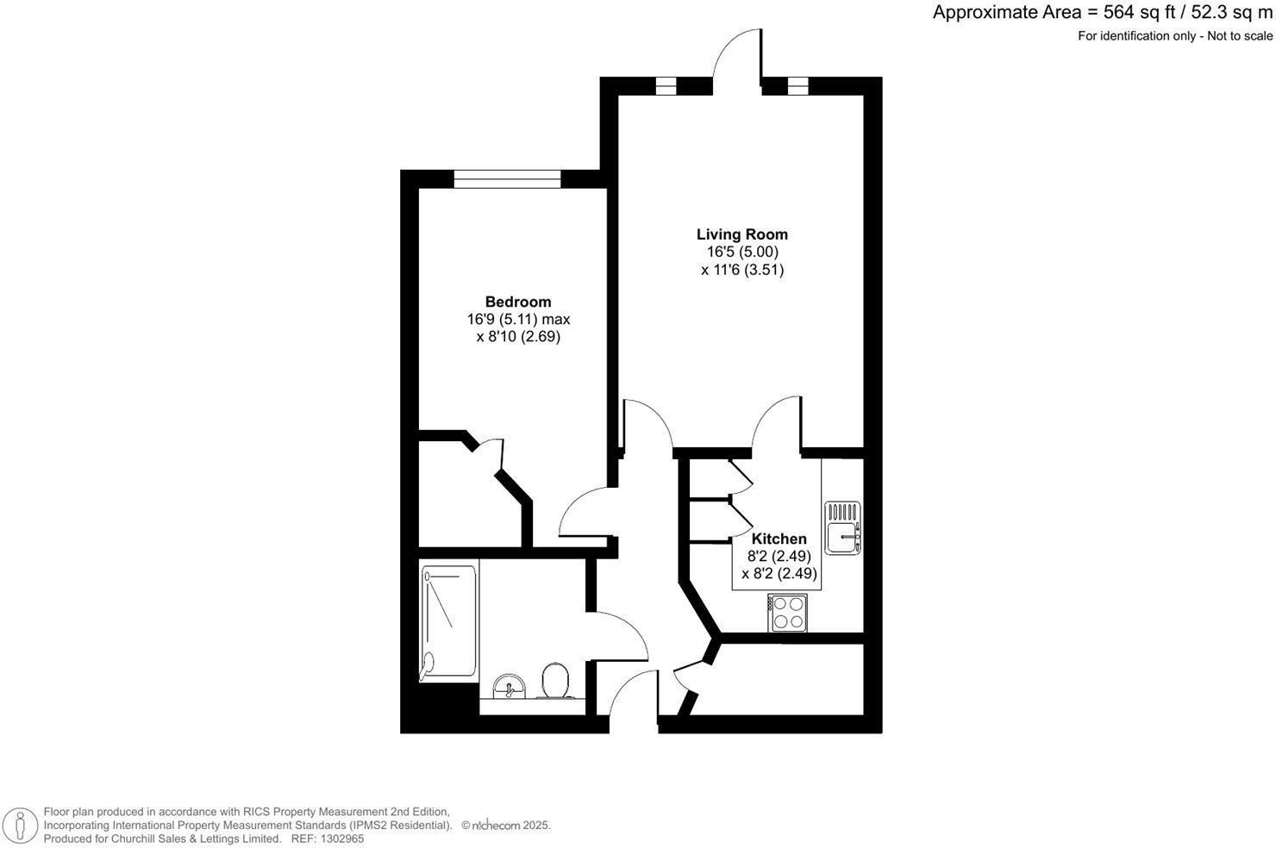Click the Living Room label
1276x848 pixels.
[x=741, y=234]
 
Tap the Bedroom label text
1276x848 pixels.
[x=517, y=302]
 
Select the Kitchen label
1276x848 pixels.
[x=779, y=539]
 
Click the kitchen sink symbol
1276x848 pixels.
[x=842, y=527]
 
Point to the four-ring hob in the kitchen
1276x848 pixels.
[x=787, y=613]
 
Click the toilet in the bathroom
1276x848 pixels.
[x=554, y=681]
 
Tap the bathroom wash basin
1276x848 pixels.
[x=510, y=687]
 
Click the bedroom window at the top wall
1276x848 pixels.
[x=507, y=179]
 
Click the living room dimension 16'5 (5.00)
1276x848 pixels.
[x=741, y=253]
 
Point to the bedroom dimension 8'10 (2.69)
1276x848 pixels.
[x=518, y=337]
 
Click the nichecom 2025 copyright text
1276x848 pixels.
[x=506, y=826]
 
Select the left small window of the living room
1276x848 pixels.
[x=666, y=86]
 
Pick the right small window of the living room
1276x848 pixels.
[x=797, y=86]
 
